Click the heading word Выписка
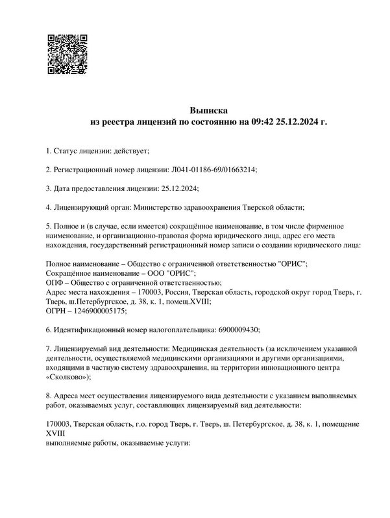[x=209, y=110]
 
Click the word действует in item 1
[x=132, y=151]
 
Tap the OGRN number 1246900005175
[x=98, y=310]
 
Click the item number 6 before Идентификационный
[x=49, y=329]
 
